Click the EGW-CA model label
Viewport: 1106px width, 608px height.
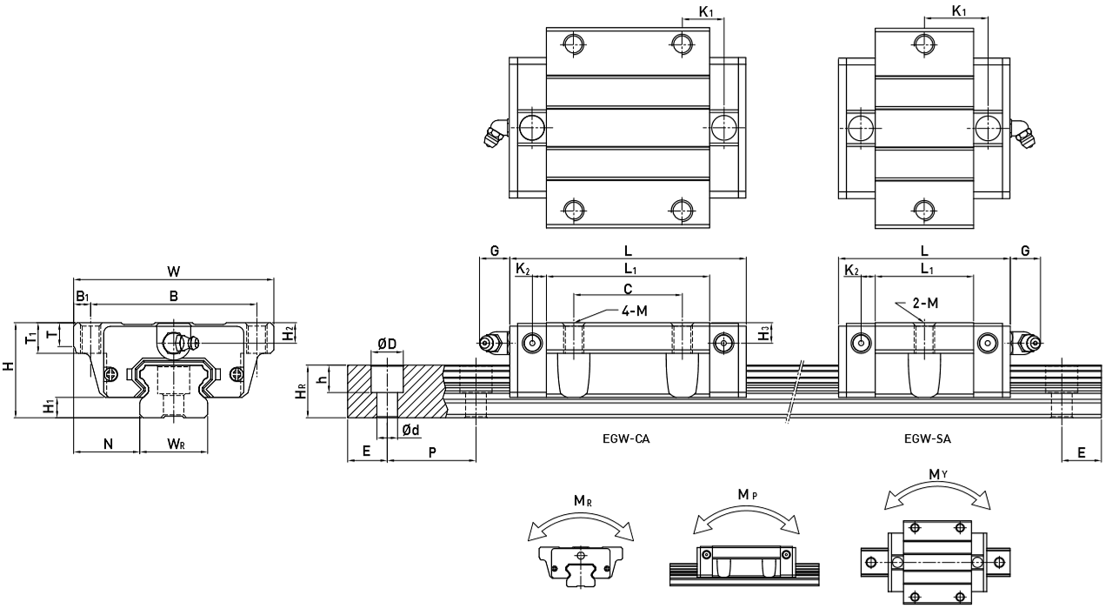(626, 438)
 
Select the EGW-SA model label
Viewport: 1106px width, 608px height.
(927, 438)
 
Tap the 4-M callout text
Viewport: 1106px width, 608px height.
(634, 311)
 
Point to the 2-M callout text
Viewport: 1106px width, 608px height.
(925, 303)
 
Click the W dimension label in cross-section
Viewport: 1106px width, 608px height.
(173, 271)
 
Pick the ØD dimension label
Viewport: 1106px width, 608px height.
(387, 344)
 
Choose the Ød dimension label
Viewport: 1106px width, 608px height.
(410, 431)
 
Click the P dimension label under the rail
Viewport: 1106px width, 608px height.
(432, 452)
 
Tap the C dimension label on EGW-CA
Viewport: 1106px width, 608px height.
(628, 289)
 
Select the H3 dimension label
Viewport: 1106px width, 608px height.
(764, 333)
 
